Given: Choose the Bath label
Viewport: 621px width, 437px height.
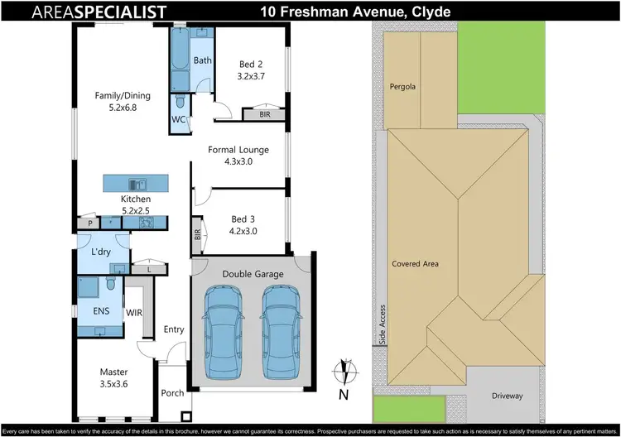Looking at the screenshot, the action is click(x=203, y=60).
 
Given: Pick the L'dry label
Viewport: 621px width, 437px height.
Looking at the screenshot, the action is click(x=102, y=251).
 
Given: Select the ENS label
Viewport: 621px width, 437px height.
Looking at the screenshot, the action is click(x=90, y=311).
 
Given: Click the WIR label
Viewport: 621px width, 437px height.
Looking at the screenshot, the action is click(x=134, y=313).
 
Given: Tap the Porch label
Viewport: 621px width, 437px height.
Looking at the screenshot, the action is click(x=172, y=393).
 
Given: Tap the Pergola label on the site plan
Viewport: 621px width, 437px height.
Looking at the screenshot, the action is click(x=402, y=86).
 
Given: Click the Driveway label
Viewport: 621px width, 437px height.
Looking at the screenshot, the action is click(x=507, y=396).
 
